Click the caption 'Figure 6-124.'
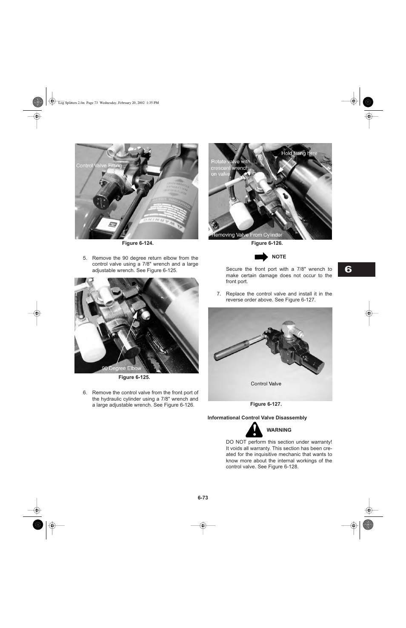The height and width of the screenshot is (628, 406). click(x=137, y=243)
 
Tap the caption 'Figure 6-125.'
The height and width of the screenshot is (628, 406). click(x=134, y=377)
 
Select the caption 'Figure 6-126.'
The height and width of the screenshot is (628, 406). click(x=267, y=243)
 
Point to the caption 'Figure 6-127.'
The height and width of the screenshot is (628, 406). click(x=266, y=404)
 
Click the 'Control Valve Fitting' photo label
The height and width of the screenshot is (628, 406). click(x=99, y=166)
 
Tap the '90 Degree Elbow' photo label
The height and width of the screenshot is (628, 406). click(x=121, y=368)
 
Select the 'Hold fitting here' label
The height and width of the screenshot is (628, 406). click(x=299, y=153)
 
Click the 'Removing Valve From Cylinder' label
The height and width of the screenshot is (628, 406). click(x=247, y=235)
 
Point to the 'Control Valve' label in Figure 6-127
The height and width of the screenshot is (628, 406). click(x=266, y=384)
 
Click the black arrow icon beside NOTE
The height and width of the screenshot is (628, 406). click(x=261, y=257)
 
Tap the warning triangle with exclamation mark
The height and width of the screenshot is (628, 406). click(x=254, y=430)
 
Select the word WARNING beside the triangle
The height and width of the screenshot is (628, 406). click(x=279, y=430)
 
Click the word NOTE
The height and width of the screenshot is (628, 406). click(x=279, y=257)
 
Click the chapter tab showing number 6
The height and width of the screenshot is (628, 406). click(x=356, y=270)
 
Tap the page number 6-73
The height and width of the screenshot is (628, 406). click(x=203, y=498)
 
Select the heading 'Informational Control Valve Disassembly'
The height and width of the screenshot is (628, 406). click(x=257, y=418)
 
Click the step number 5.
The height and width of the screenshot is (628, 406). click(x=85, y=258)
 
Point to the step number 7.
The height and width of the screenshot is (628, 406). click(x=218, y=294)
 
